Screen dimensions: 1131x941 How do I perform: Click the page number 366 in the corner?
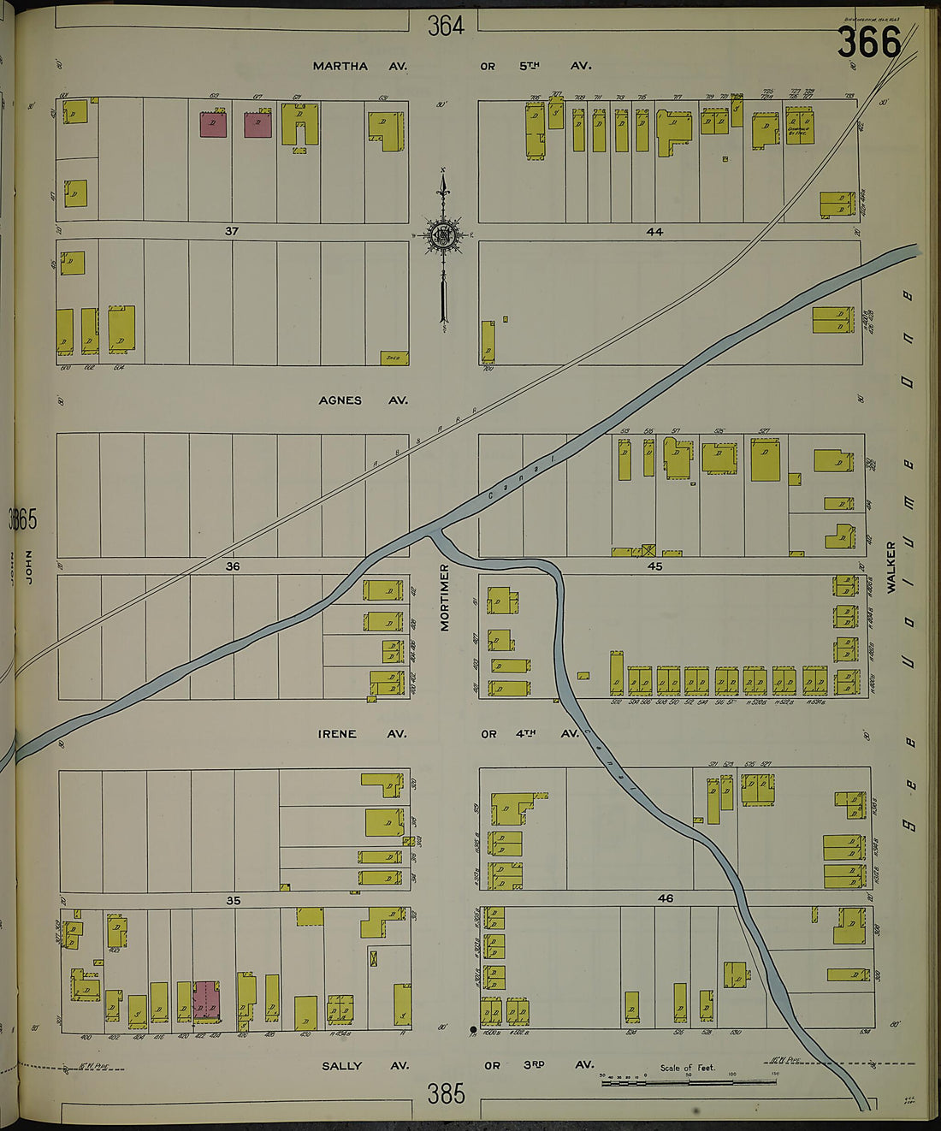868,42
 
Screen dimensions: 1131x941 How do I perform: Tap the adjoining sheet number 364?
446,27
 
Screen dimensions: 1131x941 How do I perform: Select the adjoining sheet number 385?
446,1093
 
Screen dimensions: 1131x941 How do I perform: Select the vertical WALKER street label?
891,567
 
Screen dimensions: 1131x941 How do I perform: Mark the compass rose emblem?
443,236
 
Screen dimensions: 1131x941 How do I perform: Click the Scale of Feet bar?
689,1081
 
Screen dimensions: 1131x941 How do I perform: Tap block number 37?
231,231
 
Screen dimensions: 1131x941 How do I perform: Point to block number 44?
654,231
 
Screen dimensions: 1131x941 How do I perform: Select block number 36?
232,566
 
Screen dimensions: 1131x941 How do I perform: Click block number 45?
655,566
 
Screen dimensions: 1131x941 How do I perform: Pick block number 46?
666,898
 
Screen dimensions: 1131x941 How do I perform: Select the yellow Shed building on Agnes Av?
394,357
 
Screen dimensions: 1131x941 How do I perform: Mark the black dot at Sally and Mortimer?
473,1029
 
